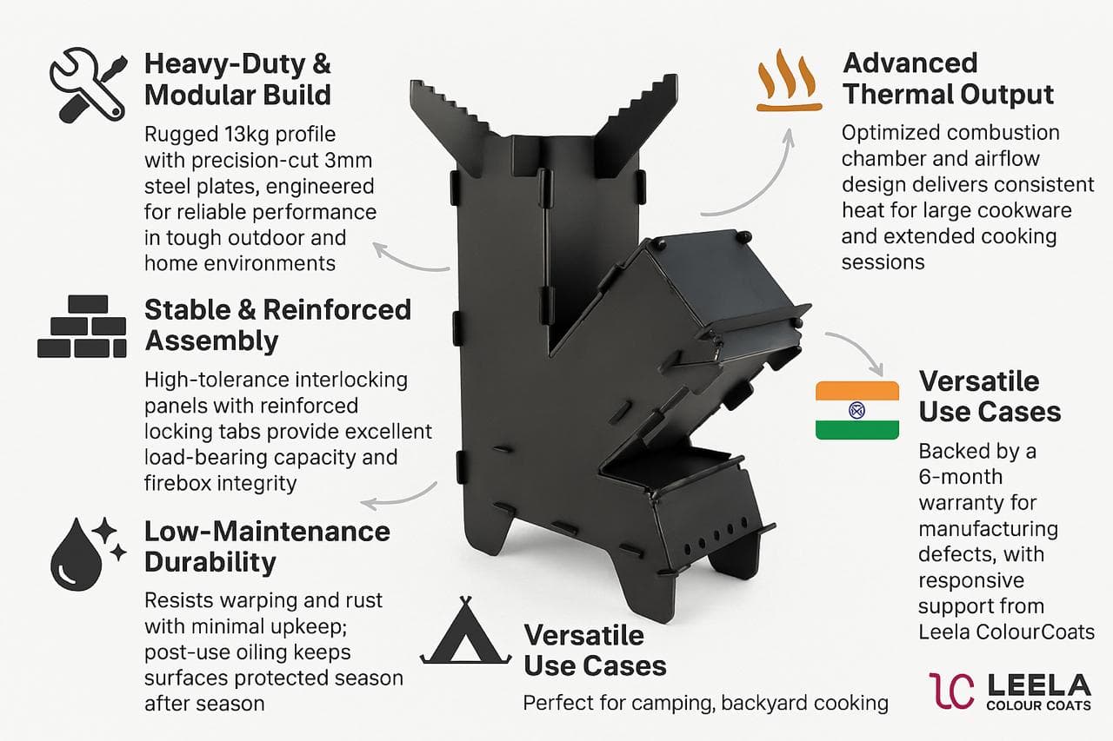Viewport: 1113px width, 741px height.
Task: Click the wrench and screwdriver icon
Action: (89, 84)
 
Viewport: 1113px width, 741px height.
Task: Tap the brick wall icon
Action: (82, 327)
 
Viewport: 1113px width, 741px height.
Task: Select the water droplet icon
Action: (88, 554)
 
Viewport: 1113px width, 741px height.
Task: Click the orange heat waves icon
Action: (789, 81)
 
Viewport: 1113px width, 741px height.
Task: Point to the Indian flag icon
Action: (857, 410)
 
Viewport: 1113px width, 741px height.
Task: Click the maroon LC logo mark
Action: (951, 691)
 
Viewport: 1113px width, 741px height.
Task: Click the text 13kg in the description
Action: (248, 135)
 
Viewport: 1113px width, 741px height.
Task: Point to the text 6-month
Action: (961, 477)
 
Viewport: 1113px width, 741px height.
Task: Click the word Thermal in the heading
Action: (891, 95)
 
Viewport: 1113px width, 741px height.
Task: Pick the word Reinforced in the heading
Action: (337, 310)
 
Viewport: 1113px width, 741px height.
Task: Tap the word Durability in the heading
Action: (210, 563)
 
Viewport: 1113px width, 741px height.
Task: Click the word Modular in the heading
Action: (199, 95)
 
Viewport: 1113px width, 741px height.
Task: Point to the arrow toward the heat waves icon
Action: (770, 186)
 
